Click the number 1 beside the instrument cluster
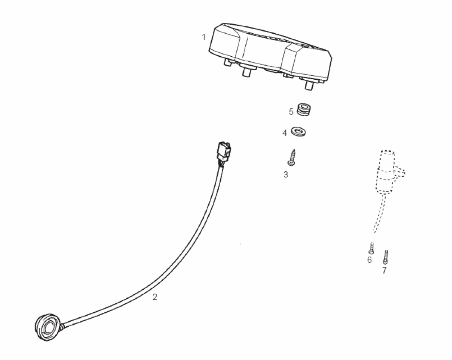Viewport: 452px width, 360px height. click(203, 37)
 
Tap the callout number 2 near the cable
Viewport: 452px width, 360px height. click(155, 297)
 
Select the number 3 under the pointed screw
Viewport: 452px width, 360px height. click(286, 174)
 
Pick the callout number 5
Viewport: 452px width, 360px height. click(291, 111)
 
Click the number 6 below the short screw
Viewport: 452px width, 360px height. click(369, 260)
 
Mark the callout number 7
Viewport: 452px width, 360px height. click(384, 270)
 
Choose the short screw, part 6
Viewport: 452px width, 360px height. click(371, 248)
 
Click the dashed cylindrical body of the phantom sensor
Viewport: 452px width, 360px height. click(385, 173)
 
